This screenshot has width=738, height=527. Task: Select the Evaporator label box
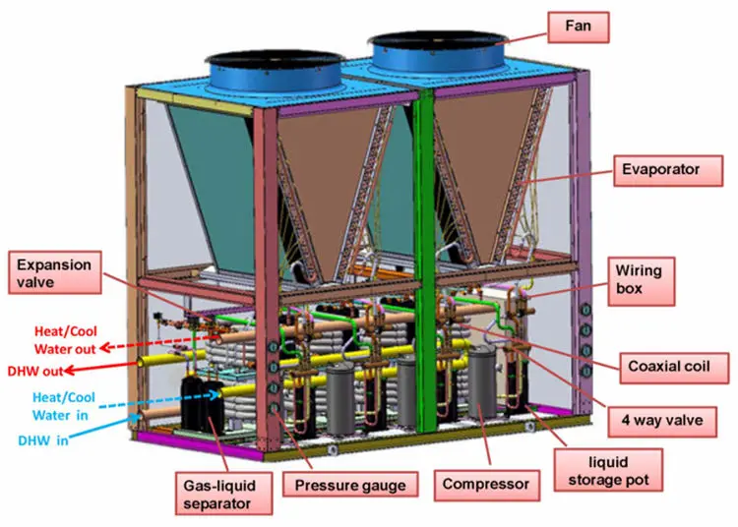[660, 170]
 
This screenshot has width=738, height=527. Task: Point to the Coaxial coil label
[677, 369]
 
